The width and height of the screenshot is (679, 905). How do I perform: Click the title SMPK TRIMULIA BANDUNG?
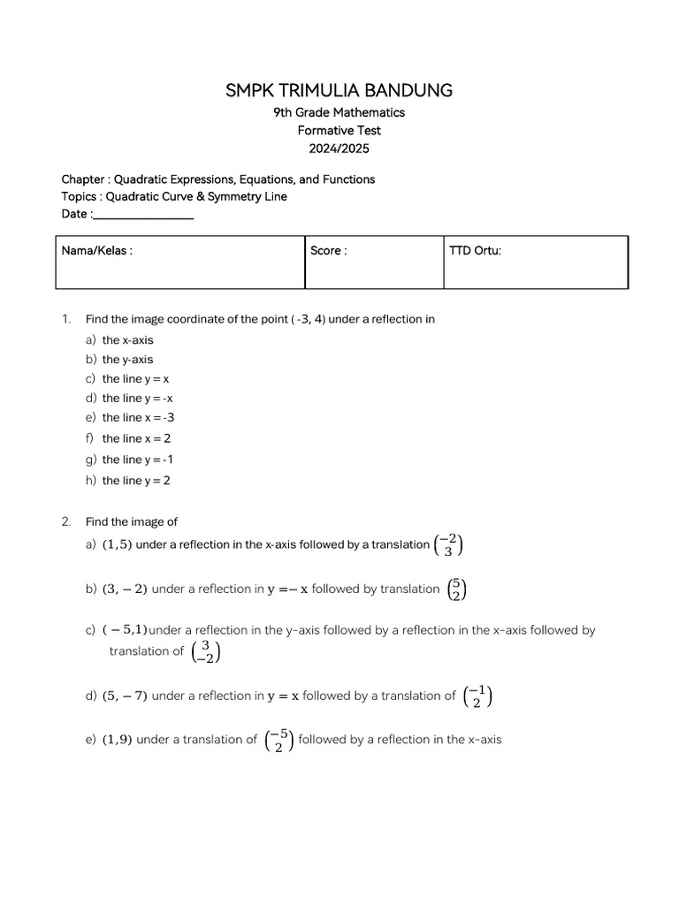coord(339,90)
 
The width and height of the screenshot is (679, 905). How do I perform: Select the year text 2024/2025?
coord(339,148)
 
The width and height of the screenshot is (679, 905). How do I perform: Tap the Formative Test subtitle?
coord(339,130)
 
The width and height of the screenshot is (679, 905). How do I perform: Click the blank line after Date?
coord(143,215)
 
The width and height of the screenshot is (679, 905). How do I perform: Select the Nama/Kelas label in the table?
coord(97,251)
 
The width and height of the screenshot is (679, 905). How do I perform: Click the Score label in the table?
coord(329,251)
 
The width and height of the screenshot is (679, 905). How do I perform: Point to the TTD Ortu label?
coord(476,251)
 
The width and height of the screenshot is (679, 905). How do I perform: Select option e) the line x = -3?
coord(132,418)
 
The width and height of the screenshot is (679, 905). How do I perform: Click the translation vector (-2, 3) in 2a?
coord(448,545)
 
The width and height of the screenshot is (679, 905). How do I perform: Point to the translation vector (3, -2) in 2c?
coord(205,652)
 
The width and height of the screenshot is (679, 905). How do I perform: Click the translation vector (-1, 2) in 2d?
coord(477,696)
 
